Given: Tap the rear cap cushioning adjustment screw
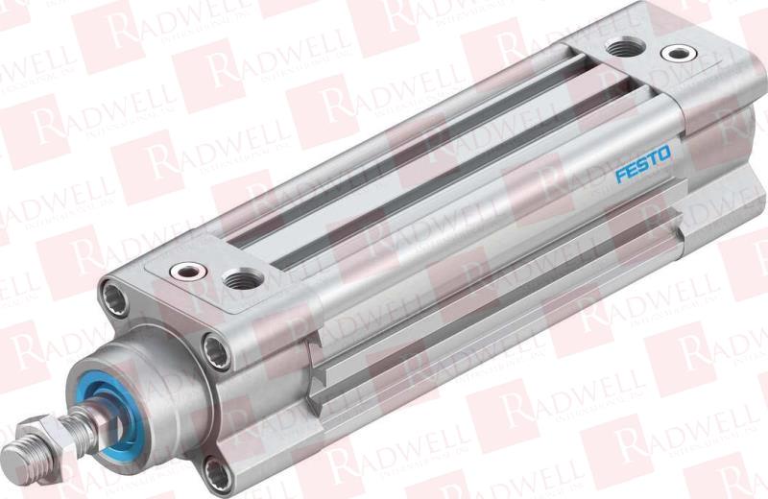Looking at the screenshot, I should [x=679, y=53].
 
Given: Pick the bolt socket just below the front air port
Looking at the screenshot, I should [x=217, y=351].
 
